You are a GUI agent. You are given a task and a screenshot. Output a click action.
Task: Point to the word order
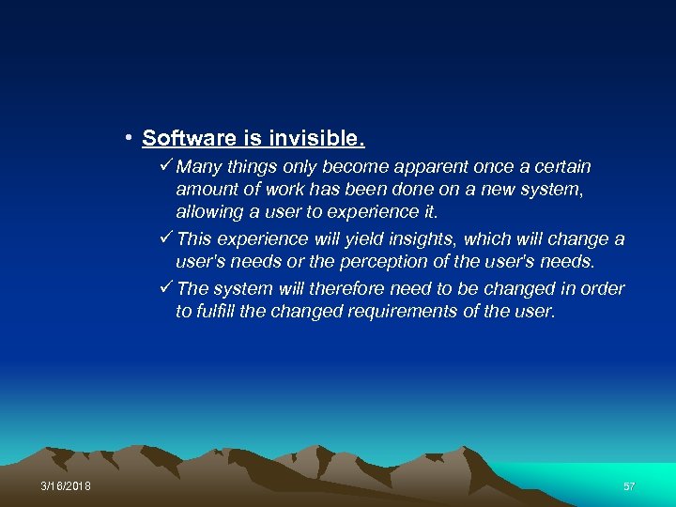click(603, 288)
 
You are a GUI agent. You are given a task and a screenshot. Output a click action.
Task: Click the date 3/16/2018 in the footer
click(67, 485)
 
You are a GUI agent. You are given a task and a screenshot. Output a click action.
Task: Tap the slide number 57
click(630, 485)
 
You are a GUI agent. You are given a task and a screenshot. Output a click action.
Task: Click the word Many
click(198, 167)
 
